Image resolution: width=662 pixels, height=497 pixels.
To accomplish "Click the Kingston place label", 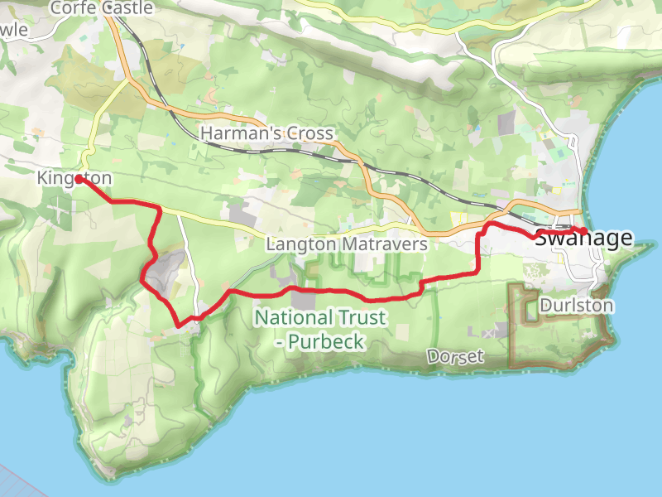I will (74, 178).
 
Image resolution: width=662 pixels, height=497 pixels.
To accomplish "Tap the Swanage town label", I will (584, 239).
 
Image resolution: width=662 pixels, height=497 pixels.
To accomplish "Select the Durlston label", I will (577, 306).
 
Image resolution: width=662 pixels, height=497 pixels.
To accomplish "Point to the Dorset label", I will (455, 356).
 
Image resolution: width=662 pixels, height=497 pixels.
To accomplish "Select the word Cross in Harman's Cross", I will (311, 133).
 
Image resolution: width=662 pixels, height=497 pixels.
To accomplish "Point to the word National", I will (291, 317).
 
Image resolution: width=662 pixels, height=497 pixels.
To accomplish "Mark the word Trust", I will (360, 317).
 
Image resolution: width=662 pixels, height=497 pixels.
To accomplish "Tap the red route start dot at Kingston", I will (79, 178).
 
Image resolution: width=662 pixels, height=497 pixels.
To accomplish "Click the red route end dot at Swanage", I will (583, 231).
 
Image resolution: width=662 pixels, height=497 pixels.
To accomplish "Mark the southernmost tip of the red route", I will (178, 326).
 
